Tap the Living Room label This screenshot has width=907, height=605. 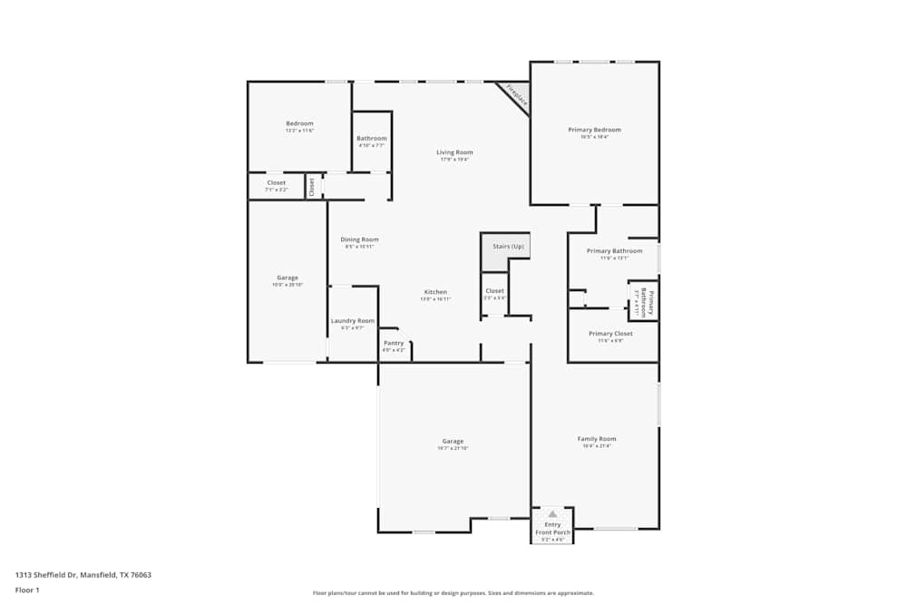(x=454, y=152)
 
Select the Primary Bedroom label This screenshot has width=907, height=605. (x=594, y=130)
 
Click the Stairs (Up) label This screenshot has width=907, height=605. (x=508, y=247)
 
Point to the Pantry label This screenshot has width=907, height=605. (x=394, y=343)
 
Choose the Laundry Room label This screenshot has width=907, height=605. (x=353, y=320)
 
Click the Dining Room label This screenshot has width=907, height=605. (x=360, y=239)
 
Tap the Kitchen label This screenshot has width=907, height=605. (x=435, y=292)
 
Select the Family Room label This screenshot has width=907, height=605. (x=597, y=439)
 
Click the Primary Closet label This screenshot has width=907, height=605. (x=610, y=334)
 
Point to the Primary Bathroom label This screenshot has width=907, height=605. (x=614, y=251)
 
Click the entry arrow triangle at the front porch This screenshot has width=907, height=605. (x=552, y=513)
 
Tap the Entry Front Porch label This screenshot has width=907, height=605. (x=552, y=528)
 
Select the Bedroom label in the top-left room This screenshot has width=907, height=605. (x=299, y=123)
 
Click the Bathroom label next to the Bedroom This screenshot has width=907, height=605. (x=372, y=139)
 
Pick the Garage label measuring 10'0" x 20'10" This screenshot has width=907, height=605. (x=287, y=278)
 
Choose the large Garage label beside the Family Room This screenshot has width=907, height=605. (x=453, y=442)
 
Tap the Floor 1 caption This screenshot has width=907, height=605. (x=27, y=590)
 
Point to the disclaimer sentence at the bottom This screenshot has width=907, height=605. (x=453, y=592)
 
